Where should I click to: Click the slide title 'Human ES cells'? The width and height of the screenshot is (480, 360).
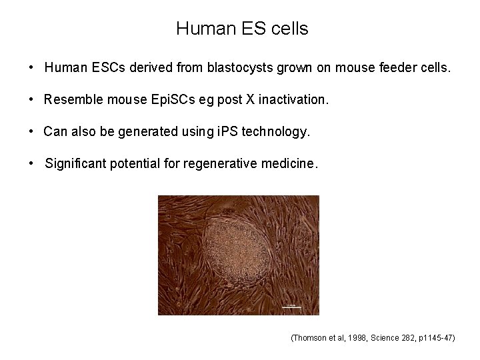(x=242, y=29)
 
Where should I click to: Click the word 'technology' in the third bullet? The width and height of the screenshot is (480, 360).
(x=275, y=131)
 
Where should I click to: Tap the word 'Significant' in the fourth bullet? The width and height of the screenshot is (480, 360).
(x=75, y=163)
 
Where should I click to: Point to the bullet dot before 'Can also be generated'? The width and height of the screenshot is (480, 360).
(x=31, y=131)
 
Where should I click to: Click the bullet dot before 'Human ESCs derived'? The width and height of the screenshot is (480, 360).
(x=31, y=67)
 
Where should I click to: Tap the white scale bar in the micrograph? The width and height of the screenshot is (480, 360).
(x=291, y=307)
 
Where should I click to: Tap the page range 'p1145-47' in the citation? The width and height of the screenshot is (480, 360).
(x=437, y=338)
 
